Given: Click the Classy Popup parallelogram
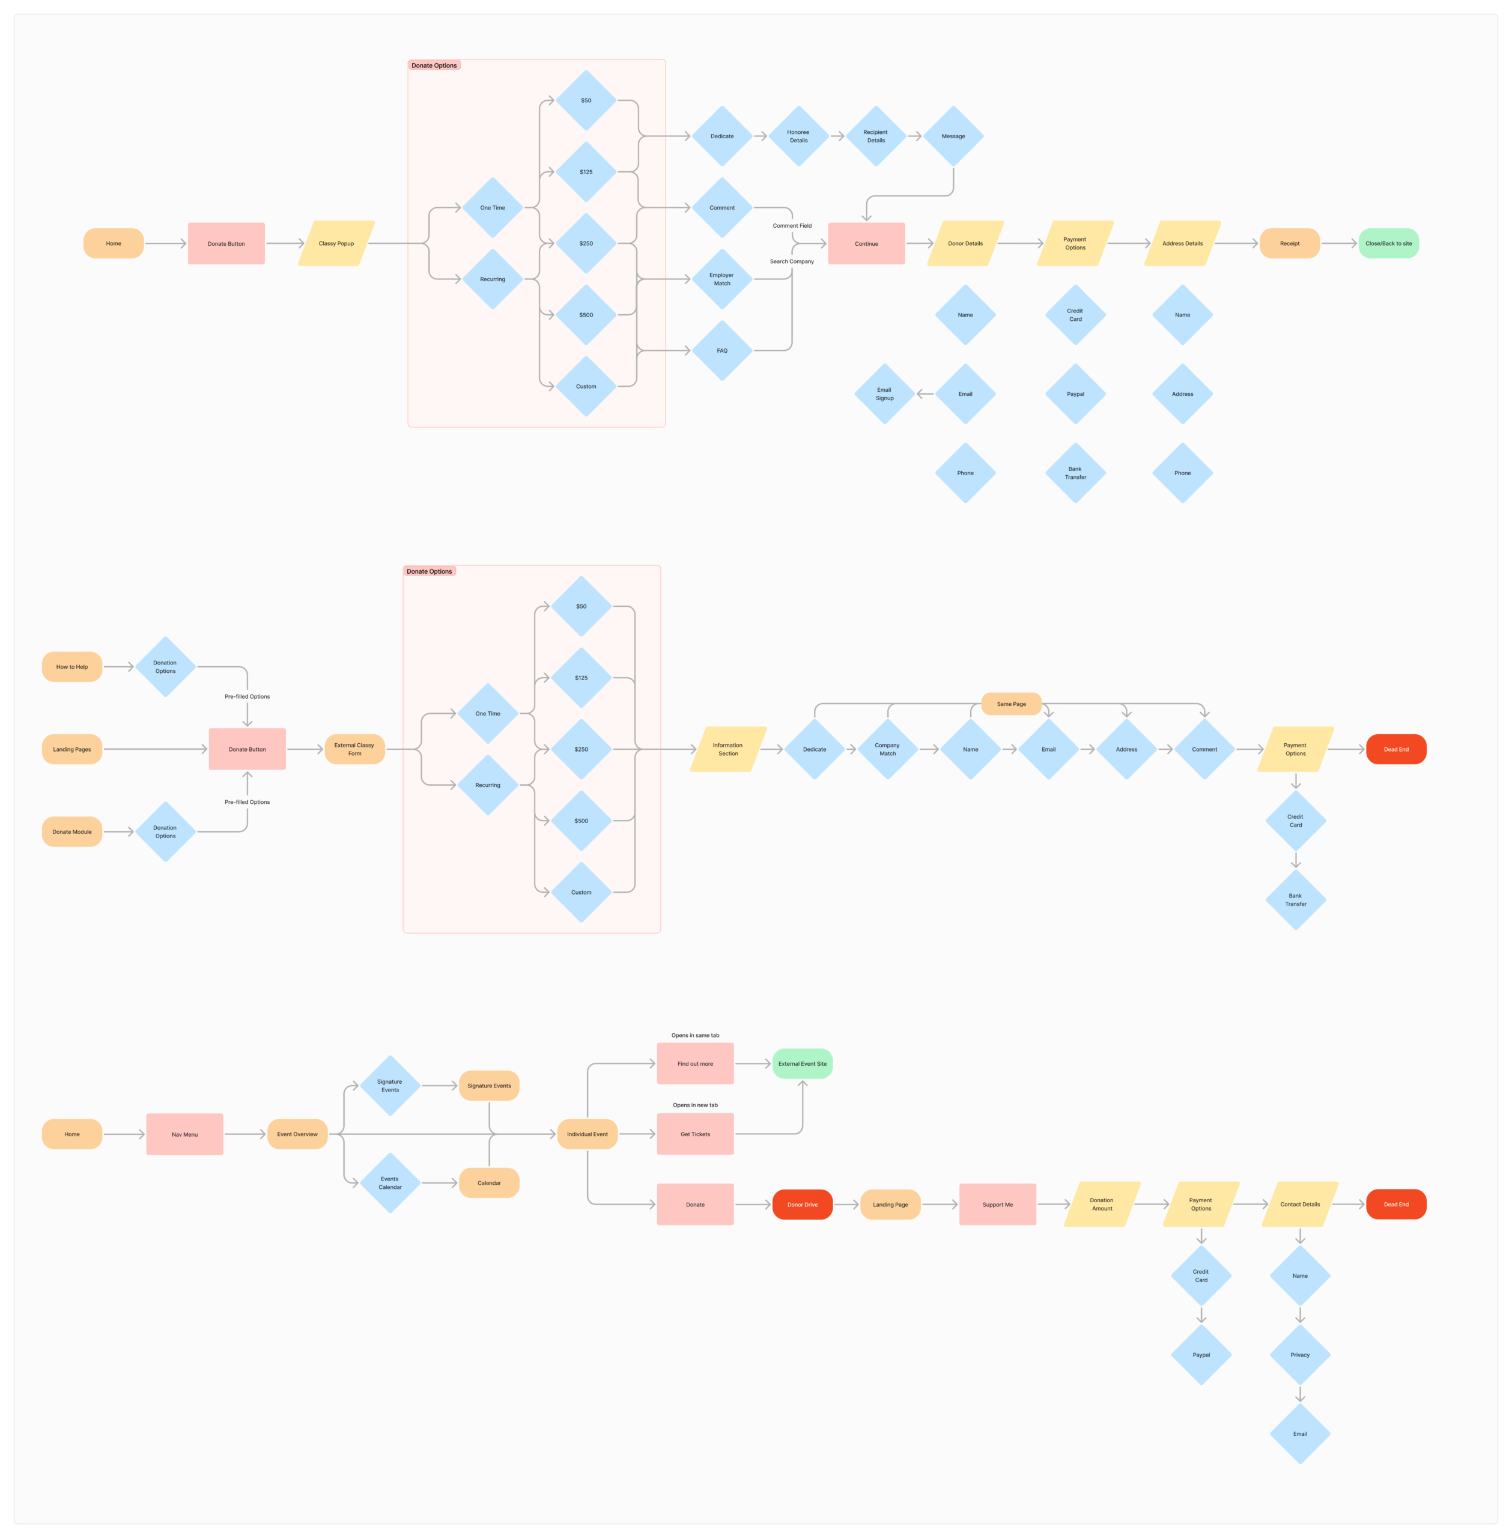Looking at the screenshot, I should (x=336, y=244).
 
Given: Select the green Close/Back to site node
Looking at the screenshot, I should (x=1388, y=244).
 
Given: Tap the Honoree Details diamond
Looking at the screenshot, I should (x=798, y=136).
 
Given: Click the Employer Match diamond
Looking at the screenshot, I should (x=722, y=279).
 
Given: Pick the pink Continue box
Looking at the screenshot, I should (x=866, y=244).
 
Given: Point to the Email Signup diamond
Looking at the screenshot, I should (x=884, y=394).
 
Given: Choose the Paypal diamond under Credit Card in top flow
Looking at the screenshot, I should (x=1075, y=394).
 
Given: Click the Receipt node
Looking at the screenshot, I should (x=1290, y=244).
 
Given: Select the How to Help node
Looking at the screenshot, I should (x=72, y=667).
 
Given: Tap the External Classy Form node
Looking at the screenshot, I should (x=354, y=750).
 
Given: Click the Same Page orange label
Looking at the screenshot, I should (x=1011, y=704).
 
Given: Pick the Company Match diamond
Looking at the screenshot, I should (x=887, y=750).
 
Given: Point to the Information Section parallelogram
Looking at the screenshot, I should (x=727, y=750).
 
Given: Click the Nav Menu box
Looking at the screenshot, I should (x=185, y=1135).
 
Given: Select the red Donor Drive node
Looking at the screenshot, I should (x=802, y=1205).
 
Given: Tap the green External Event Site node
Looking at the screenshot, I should (x=802, y=1064).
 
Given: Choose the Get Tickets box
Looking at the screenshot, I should (x=695, y=1135).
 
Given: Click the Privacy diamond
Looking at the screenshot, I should (x=1300, y=1355).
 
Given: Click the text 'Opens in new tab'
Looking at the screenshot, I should (x=695, y=1105).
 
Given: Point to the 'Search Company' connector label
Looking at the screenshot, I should (x=792, y=261).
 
